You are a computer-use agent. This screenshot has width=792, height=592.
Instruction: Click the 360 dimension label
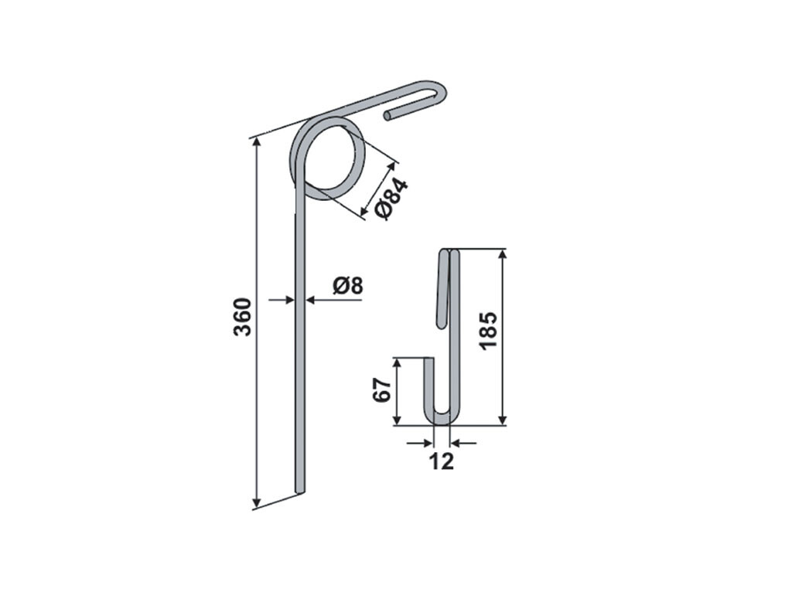(243, 317)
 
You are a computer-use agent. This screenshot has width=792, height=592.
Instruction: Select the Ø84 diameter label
(391, 199)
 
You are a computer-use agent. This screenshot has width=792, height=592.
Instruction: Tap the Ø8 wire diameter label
(347, 286)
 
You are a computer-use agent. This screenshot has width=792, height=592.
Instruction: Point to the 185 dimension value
(489, 331)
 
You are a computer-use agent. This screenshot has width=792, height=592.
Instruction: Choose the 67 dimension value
(382, 389)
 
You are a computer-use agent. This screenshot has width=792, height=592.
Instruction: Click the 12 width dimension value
(442, 461)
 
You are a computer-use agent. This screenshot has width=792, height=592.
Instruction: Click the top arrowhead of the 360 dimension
(257, 142)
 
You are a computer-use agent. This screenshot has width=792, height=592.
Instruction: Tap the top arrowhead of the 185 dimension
(502, 253)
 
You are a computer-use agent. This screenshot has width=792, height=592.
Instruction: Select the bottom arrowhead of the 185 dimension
(502, 420)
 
